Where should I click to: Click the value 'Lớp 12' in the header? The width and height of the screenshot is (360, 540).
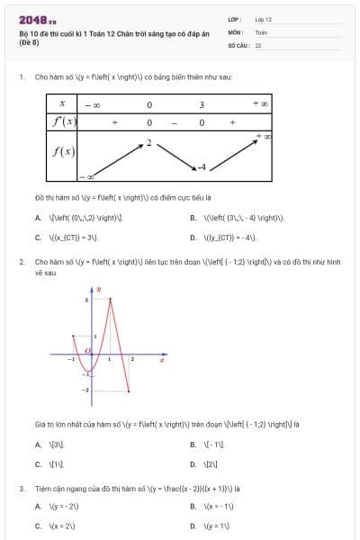(263, 18)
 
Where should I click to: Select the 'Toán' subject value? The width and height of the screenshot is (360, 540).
(261, 31)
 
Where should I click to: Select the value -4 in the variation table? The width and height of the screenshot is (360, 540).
(202, 167)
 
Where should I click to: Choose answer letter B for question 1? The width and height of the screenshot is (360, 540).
(193, 218)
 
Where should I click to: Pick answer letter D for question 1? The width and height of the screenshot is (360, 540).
(193, 238)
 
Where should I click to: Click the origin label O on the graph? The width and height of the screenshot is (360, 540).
(86, 350)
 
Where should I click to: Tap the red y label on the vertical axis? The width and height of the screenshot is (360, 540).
(98, 289)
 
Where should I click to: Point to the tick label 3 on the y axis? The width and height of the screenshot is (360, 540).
(85, 300)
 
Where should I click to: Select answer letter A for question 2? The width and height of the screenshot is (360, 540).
(38, 445)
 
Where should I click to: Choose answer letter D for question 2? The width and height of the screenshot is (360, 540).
(193, 464)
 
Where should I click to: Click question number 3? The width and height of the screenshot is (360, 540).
(21, 489)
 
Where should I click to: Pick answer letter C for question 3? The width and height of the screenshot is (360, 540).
(38, 526)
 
